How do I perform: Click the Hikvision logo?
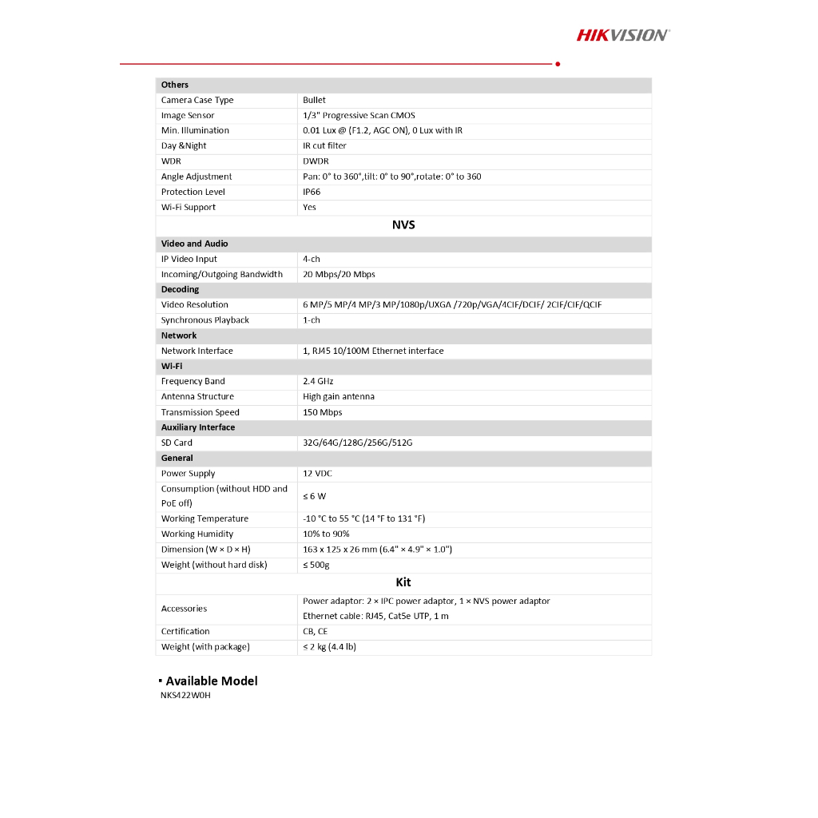coord(623,34)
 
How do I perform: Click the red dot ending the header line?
coord(558,64)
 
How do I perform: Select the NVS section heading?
coord(403,225)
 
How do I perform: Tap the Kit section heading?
coord(403,582)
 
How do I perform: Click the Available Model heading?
coord(212,681)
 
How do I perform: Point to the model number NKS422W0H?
coord(185,695)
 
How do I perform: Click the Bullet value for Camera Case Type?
coord(314,100)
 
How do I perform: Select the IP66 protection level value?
coord(312,192)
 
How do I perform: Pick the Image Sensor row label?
coord(188,115)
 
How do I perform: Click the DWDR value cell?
coord(316,161)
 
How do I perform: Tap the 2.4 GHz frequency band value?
coord(318,381)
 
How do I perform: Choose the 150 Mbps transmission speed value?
coord(322,412)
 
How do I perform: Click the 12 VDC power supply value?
coord(317,474)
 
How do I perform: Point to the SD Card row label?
coord(177,443)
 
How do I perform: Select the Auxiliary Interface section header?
coord(198,427)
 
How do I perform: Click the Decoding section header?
coord(180,289)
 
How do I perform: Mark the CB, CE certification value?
coord(315,631)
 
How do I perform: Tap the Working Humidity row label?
coord(197,534)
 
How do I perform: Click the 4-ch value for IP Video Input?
coord(312,259)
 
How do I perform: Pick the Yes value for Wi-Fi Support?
coord(309,207)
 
